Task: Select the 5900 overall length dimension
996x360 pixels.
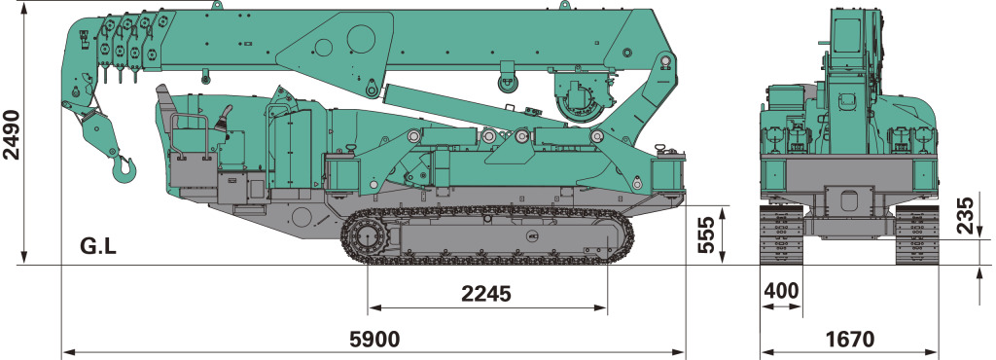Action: click(374, 339)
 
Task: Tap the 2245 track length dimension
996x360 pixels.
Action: click(486, 294)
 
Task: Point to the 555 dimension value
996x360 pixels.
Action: click(706, 234)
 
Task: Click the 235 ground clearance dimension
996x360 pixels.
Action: click(965, 216)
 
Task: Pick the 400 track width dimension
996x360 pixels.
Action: click(781, 290)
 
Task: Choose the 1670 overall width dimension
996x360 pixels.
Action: click(849, 339)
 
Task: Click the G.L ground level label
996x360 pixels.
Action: click(98, 246)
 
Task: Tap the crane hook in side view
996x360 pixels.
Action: click(124, 169)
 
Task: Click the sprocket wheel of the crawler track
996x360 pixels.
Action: click(367, 239)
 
